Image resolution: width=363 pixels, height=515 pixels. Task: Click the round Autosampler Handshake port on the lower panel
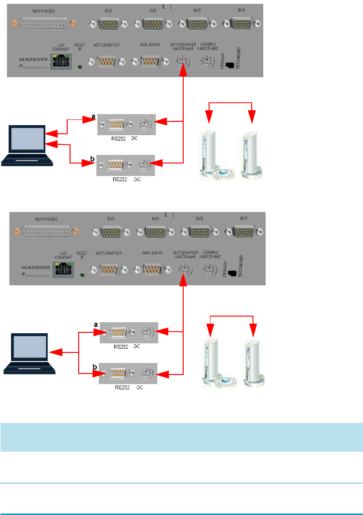[182, 269]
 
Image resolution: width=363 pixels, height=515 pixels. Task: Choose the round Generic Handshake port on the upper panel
[206, 62]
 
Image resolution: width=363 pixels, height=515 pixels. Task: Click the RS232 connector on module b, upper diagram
[115, 165]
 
